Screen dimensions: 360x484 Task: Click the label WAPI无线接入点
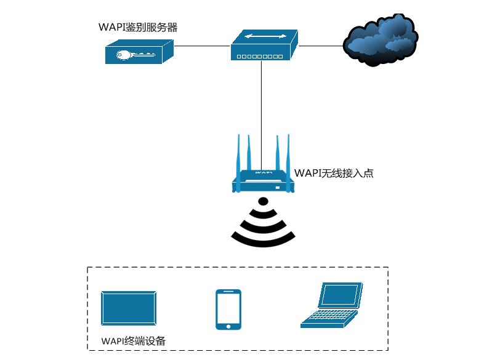[334, 174]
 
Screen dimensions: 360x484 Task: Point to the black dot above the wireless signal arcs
[263, 201]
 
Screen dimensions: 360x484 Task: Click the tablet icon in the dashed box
[128, 308]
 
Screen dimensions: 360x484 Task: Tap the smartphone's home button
[228, 326]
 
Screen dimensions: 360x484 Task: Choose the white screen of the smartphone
[228, 308]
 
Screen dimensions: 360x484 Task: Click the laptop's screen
[340, 296]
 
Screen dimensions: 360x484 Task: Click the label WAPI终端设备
[133, 341]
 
